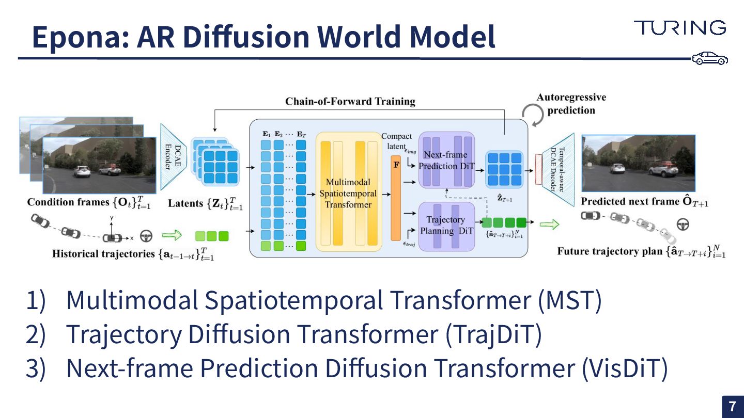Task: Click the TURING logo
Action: point(680,28)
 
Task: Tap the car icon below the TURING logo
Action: point(710,58)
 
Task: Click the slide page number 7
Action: point(732,407)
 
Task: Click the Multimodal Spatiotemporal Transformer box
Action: point(348,192)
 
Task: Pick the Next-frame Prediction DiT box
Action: point(446,160)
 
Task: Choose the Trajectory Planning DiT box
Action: point(446,226)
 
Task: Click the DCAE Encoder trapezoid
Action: point(174,156)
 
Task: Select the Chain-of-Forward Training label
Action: point(350,101)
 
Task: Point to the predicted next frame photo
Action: point(638,164)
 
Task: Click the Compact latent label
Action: point(396,141)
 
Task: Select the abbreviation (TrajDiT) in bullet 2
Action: point(493,334)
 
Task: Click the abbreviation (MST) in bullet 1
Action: point(569,301)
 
